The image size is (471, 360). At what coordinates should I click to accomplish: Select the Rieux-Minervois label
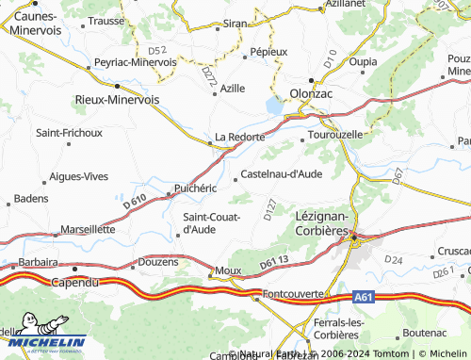117,98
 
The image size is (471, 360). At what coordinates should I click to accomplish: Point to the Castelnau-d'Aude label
283,173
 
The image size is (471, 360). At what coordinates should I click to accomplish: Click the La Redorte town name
241,137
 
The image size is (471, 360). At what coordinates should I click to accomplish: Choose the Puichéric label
196,188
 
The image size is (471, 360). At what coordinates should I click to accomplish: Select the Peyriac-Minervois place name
135,62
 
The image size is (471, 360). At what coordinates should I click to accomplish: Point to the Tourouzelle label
336,135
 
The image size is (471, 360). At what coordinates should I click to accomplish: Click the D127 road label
270,210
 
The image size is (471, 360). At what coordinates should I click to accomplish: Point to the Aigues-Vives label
79,176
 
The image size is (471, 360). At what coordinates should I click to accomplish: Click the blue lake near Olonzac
274,106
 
